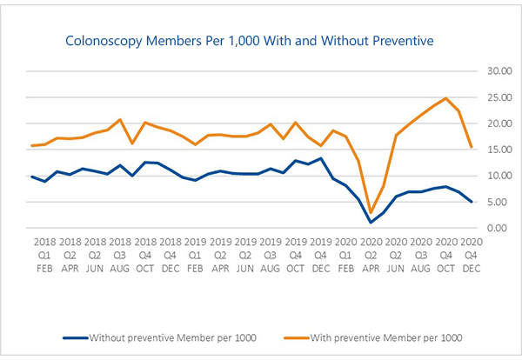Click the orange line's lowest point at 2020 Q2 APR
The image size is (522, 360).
[x=371, y=212]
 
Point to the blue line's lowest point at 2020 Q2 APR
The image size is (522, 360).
[x=371, y=222]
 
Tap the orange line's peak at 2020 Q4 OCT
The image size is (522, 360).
[x=446, y=98]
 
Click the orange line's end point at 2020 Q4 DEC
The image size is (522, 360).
[x=471, y=147]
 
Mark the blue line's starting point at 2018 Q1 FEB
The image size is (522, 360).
[x=32, y=177]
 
